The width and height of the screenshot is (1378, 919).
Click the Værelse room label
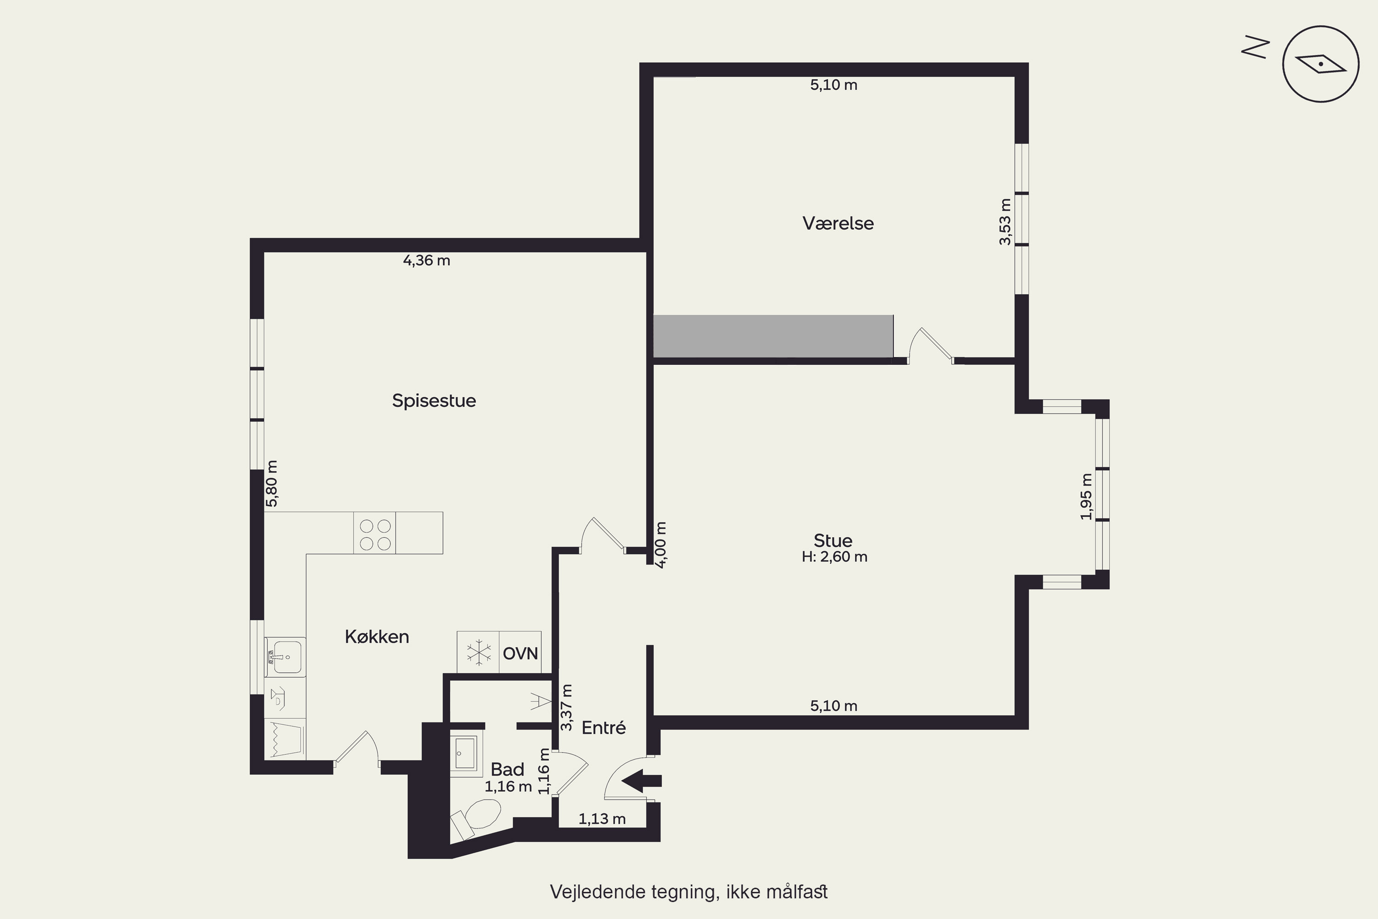tap(838, 223)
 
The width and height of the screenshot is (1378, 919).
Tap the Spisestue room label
tap(434, 401)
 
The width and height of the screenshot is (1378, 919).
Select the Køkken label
tap(377, 636)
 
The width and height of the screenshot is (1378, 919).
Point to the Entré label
tap(604, 727)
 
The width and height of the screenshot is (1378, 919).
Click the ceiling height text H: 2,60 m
tap(834, 557)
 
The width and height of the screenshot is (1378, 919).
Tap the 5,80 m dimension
tap(272, 483)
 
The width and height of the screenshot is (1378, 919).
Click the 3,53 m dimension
tap(1005, 222)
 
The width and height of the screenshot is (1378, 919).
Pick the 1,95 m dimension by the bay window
tap(1086, 496)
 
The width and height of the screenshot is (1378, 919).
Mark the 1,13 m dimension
tap(602, 819)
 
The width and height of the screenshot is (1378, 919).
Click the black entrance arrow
tap(642, 781)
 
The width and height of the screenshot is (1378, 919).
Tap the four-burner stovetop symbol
tap(375, 533)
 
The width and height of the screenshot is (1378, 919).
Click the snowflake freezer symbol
tap(479, 652)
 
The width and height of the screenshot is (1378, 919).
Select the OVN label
tap(520, 653)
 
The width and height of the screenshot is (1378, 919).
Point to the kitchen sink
tap(285, 657)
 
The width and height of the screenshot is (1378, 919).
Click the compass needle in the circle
tap(1321, 63)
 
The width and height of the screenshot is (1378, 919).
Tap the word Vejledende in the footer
tap(598, 892)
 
